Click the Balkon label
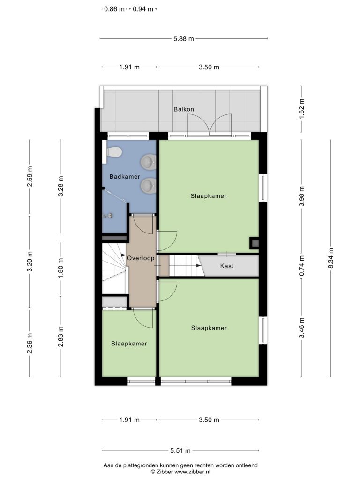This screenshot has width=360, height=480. click(x=184, y=109)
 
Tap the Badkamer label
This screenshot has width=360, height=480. click(x=125, y=177)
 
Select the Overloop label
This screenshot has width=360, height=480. click(x=141, y=258)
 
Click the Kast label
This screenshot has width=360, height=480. click(x=226, y=266)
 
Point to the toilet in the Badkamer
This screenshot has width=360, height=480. click(x=113, y=152)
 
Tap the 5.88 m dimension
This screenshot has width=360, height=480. click(x=184, y=39)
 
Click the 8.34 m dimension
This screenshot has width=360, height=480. click(x=330, y=258)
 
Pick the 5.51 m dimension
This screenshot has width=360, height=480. click(x=180, y=450)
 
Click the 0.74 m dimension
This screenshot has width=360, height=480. click(x=301, y=265)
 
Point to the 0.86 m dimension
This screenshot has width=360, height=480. click(x=114, y=9)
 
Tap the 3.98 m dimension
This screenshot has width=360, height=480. click(x=301, y=196)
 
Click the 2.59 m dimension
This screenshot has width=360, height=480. click(x=30, y=176)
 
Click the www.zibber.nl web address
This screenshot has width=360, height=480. click(x=192, y=472)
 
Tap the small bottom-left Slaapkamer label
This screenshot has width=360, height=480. click(x=129, y=344)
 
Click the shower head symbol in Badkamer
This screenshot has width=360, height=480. click(x=108, y=216)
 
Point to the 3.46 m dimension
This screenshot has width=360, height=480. click(x=301, y=328)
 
